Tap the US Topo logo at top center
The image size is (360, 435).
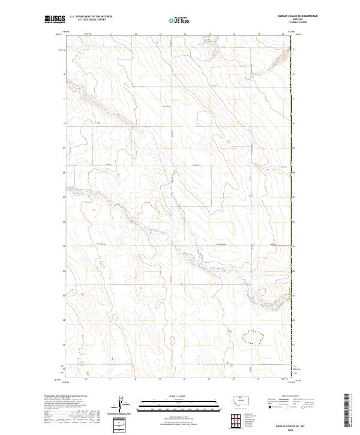coord(180,20)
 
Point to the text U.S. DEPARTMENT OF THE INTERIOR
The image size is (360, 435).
coord(91,17)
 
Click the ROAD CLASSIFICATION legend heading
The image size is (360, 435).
coord(290,397)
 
